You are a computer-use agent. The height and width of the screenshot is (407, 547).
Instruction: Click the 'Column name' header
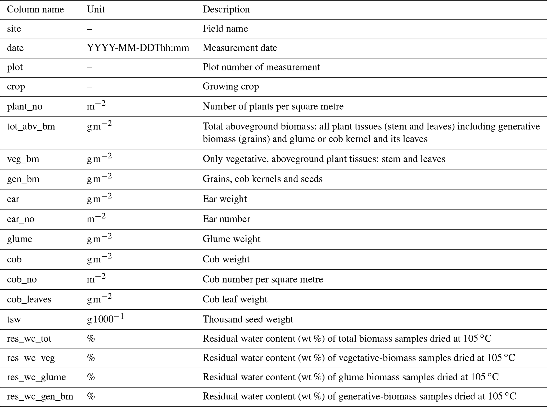[x=35, y=10]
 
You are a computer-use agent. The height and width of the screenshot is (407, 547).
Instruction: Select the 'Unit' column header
[x=96, y=10]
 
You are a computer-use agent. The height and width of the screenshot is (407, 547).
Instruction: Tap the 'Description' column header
[x=226, y=10]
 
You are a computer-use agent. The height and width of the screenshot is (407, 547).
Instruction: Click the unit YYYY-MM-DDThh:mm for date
[x=138, y=48]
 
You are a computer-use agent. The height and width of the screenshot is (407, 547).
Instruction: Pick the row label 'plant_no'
[x=25, y=106]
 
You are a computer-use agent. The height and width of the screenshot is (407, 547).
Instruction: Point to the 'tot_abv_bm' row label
[x=31, y=127]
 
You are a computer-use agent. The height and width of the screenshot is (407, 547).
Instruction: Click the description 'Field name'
[x=225, y=29]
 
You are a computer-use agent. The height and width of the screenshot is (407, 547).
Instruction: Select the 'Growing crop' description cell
[x=231, y=86]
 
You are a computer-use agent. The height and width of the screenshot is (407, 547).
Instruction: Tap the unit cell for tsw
[x=105, y=319]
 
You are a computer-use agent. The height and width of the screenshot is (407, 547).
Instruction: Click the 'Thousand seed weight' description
[x=248, y=319]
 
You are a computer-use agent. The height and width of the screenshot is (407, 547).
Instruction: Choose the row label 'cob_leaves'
[x=29, y=299]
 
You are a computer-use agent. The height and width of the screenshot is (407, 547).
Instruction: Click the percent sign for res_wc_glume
[x=91, y=377]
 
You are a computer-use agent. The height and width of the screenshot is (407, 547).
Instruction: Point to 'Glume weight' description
[x=231, y=239]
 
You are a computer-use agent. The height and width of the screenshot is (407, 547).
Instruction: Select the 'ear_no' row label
[x=21, y=219]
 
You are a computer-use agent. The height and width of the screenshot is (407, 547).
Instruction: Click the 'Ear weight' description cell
[x=225, y=199]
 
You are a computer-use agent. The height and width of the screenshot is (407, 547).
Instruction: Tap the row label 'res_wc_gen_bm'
[x=40, y=396]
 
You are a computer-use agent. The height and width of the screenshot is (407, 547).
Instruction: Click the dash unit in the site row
[x=89, y=29]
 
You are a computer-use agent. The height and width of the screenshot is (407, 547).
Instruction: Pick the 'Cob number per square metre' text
[x=263, y=279]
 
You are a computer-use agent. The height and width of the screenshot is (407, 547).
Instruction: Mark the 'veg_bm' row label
[x=23, y=159]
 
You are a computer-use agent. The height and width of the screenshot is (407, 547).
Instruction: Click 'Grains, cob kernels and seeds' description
[x=263, y=179]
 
